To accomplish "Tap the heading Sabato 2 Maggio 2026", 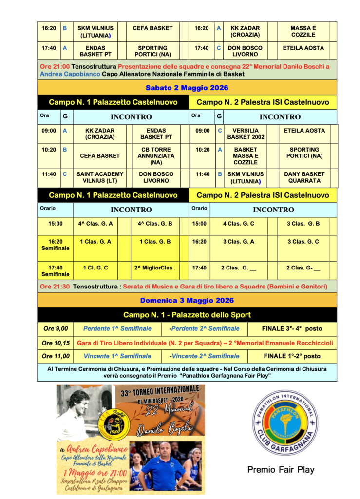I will pyautogui.click(x=187, y=88).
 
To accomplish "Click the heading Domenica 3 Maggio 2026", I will pyautogui.click(x=187, y=300).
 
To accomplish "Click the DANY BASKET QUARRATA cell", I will pyautogui.click(x=304, y=177).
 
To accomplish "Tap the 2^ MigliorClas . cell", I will pyautogui.click(x=154, y=268).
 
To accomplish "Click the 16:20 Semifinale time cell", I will pyautogui.click(x=55, y=245).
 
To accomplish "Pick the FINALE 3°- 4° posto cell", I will pyautogui.click(x=292, y=328).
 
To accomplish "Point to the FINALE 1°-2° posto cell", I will pyautogui.click(x=292, y=356).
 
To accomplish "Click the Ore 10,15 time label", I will pyautogui.click(x=56, y=343).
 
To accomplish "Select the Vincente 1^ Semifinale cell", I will pyautogui.click(x=117, y=356).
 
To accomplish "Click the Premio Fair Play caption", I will pyautogui.click(x=281, y=470).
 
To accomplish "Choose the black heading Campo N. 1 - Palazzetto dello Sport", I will pyautogui.click(x=187, y=315).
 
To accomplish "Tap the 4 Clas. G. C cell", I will pyautogui.click(x=239, y=224).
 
